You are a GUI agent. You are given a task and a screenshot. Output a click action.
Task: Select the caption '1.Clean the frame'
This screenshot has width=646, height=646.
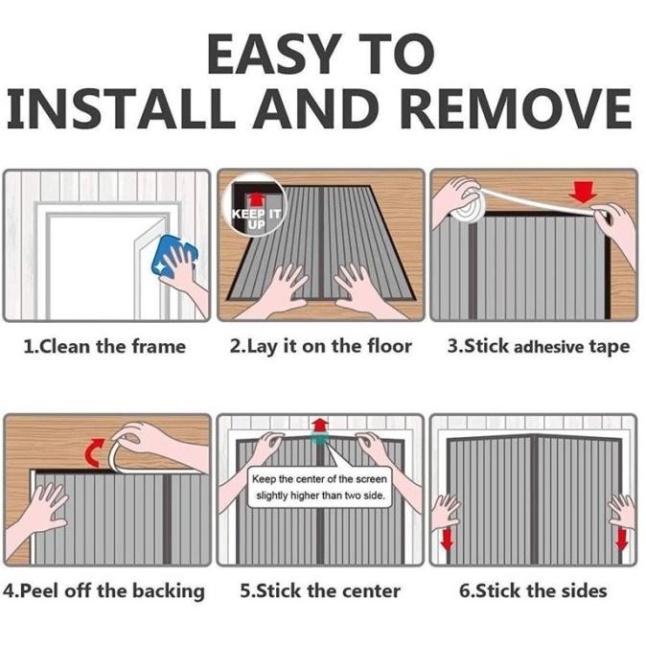[104, 346]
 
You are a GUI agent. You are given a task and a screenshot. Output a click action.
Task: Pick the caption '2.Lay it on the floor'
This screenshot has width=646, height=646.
[320, 346]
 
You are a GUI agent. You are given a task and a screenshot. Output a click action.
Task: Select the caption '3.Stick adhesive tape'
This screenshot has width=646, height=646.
[538, 346]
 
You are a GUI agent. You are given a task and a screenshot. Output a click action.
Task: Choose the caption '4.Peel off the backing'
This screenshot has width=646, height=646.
[104, 590]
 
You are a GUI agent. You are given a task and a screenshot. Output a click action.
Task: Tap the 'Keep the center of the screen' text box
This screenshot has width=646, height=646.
[319, 488]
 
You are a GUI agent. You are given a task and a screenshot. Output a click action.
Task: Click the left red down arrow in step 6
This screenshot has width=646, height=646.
[447, 541]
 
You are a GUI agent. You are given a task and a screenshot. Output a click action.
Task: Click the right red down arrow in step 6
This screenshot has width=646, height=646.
[621, 541]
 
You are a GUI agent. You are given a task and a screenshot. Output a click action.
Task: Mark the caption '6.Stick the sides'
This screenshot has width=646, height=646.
[533, 590]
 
